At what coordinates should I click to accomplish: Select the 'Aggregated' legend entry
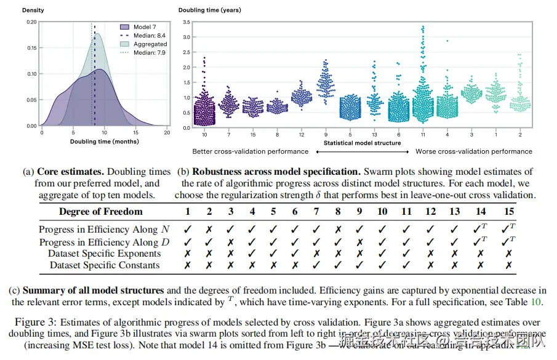150,44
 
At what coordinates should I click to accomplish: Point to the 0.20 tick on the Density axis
31,22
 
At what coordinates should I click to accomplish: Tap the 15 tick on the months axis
135,132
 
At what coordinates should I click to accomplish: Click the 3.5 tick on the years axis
185,22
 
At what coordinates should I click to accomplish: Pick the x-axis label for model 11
423,134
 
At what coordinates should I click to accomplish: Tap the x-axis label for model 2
521,134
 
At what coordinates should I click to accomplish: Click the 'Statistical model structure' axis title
363,143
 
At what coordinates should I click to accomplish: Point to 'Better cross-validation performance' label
250,151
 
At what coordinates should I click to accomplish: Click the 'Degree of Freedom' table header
100,212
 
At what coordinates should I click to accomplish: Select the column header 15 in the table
508,212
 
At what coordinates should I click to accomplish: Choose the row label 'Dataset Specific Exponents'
104,254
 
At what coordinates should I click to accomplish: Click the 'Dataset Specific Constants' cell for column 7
316,265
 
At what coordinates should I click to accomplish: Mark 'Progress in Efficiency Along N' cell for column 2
209,229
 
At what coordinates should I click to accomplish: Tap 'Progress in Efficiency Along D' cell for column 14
481,241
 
